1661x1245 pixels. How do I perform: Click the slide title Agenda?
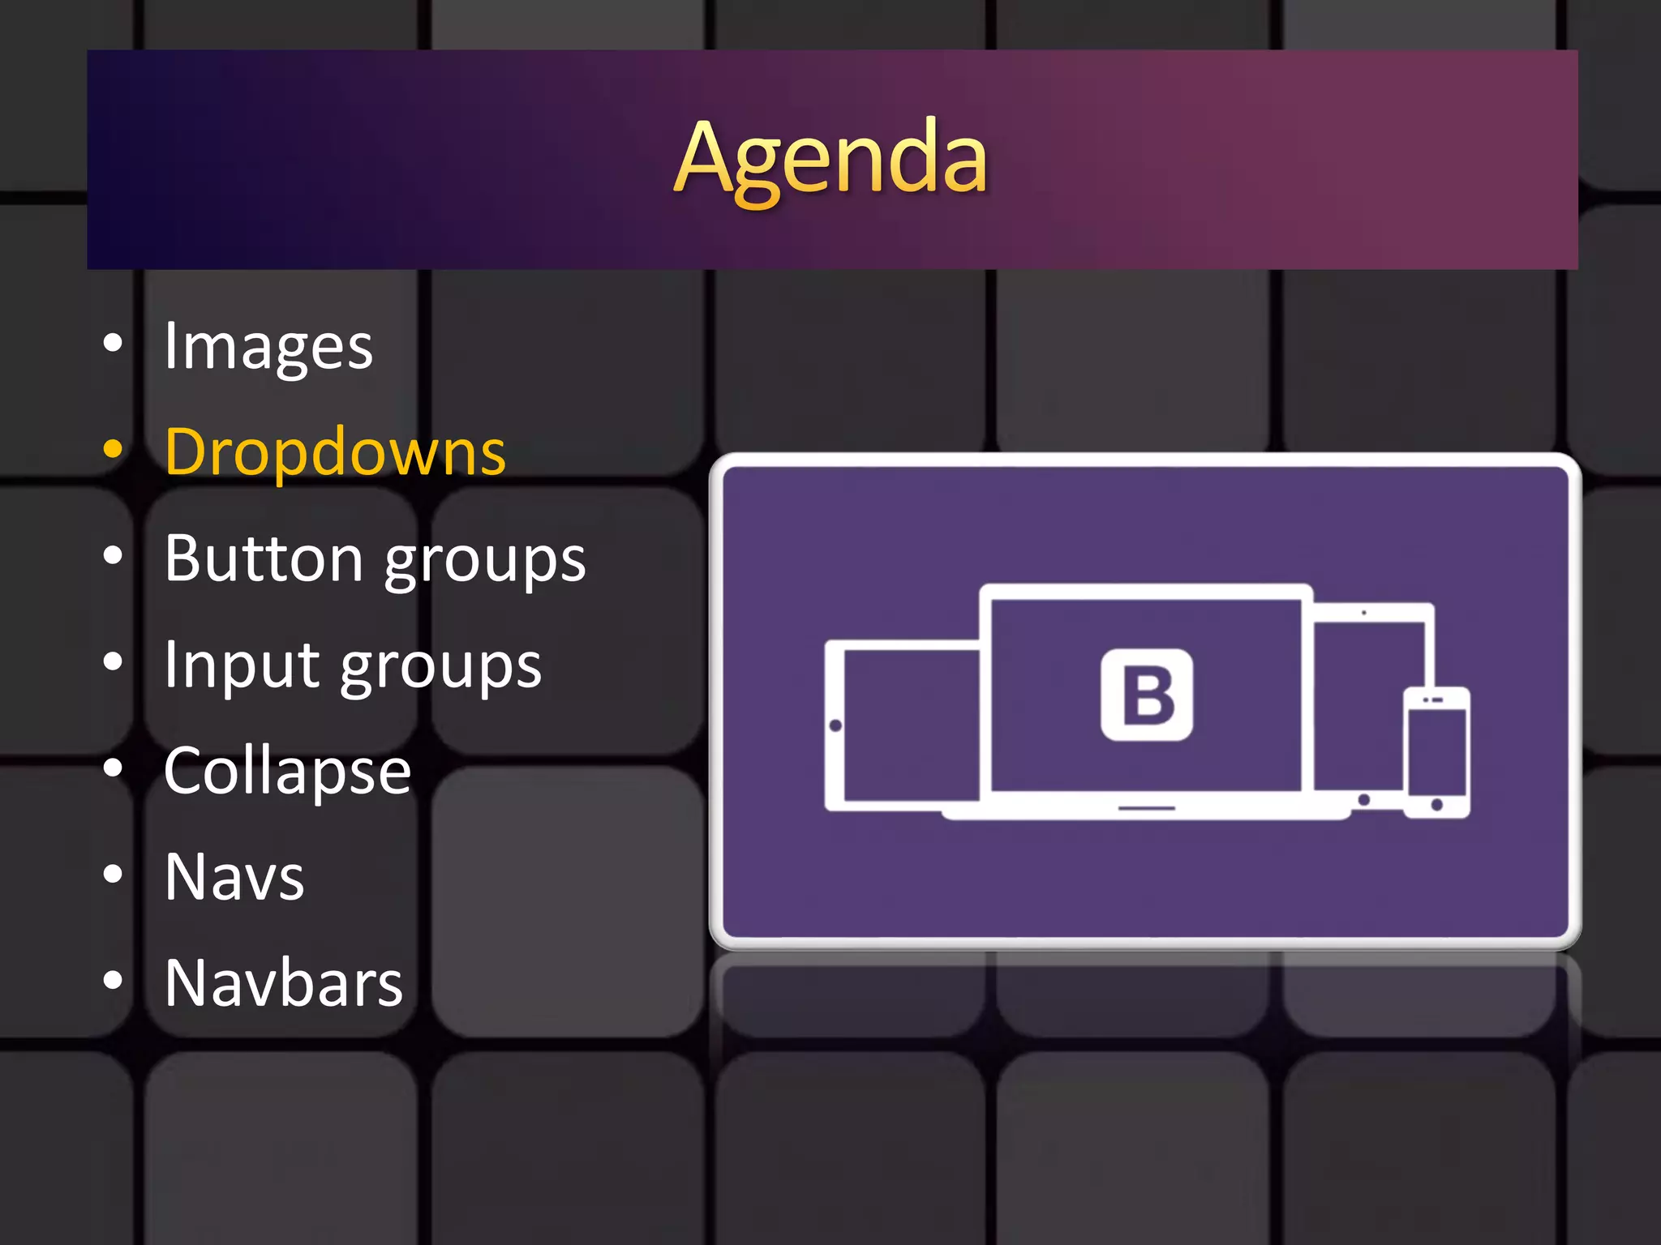(x=830, y=158)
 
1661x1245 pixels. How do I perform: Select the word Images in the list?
(x=268, y=346)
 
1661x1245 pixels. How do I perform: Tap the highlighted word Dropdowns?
(x=335, y=451)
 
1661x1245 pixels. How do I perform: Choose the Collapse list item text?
(x=287, y=771)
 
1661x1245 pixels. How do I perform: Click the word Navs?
(x=234, y=877)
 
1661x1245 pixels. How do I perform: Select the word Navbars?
(x=283, y=983)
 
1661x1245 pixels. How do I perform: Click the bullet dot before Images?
(x=114, y=343)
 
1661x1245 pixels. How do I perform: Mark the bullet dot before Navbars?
(x=114, y=980)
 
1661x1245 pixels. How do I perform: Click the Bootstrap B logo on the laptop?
(x=1146, y=695)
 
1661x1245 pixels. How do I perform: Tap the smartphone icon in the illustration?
(x=1436, y=752)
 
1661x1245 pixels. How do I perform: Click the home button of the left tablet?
(x=835, y=725)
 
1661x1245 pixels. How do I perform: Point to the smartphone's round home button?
(x=1436, y=805)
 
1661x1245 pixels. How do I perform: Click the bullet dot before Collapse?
(x=114, y=768)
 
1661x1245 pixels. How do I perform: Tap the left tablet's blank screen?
(x=910, y=725)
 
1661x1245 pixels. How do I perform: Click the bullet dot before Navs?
(x=114, y=874)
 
